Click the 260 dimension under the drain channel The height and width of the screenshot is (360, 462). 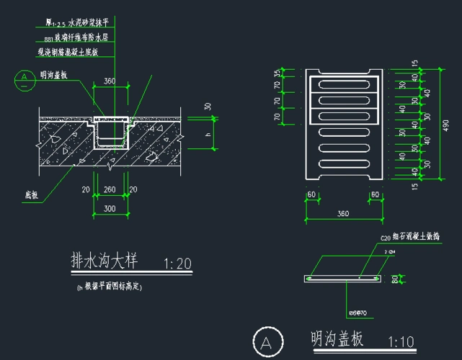click(110, 189)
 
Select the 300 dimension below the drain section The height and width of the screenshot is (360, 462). click(110, 208)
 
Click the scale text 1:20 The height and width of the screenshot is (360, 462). click(177, 264)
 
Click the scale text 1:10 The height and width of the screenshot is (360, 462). click(401, 341)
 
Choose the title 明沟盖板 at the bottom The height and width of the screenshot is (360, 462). click(336, 338)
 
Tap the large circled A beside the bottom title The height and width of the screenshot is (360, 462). click(267, 342)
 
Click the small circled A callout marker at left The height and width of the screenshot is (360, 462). click(25, 78)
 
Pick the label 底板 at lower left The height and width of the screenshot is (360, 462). click(30, 194)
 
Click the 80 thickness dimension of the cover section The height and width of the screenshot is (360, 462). click(395, 277)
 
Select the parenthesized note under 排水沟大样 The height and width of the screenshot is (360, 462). click(110, 287)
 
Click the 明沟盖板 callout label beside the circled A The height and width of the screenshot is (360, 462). click(54, 74)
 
